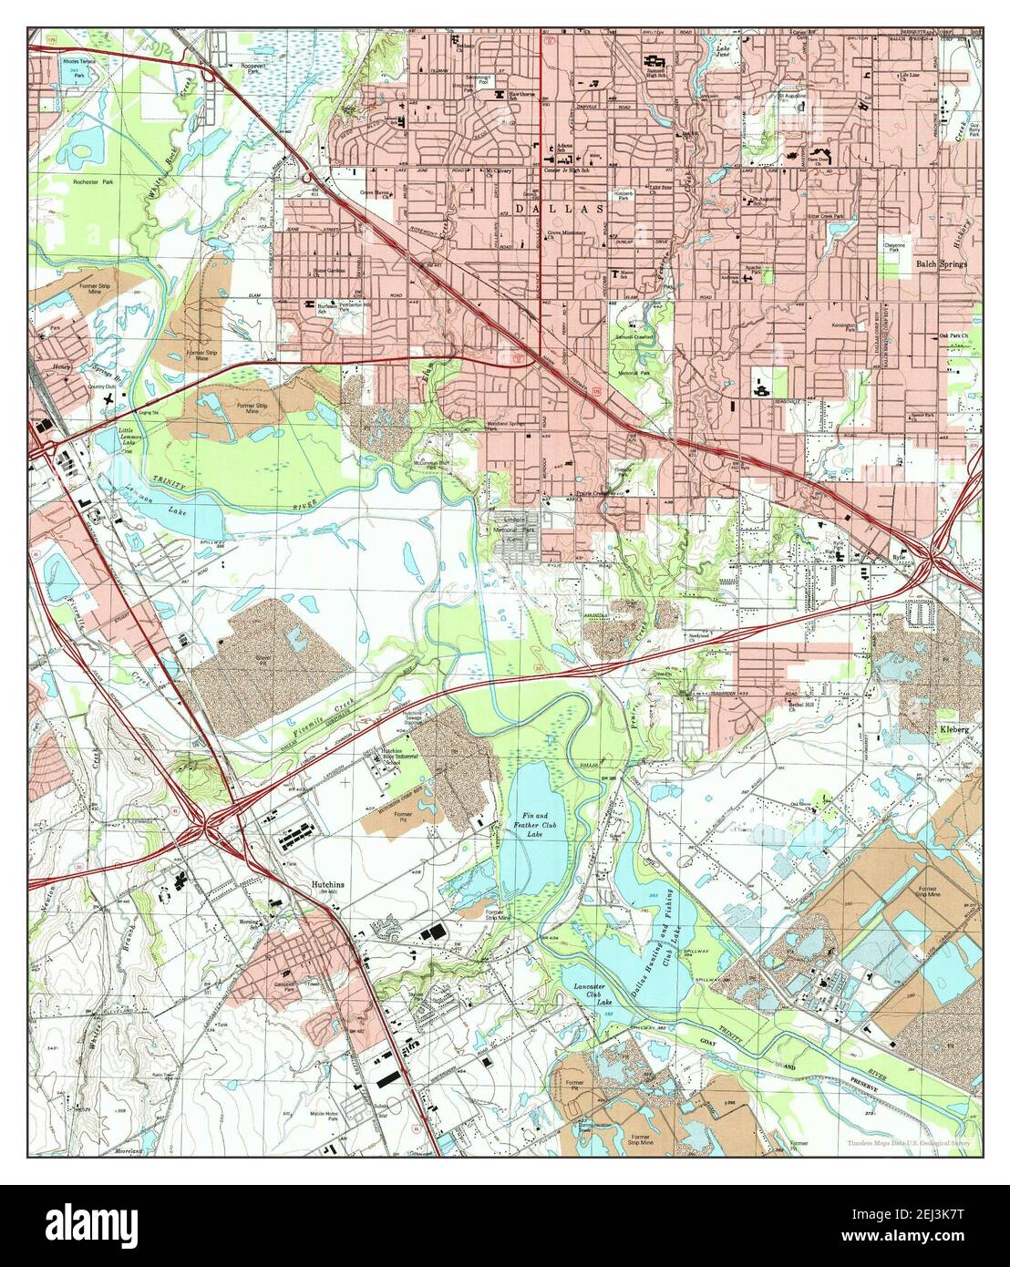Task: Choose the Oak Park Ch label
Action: tap(955, 335)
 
